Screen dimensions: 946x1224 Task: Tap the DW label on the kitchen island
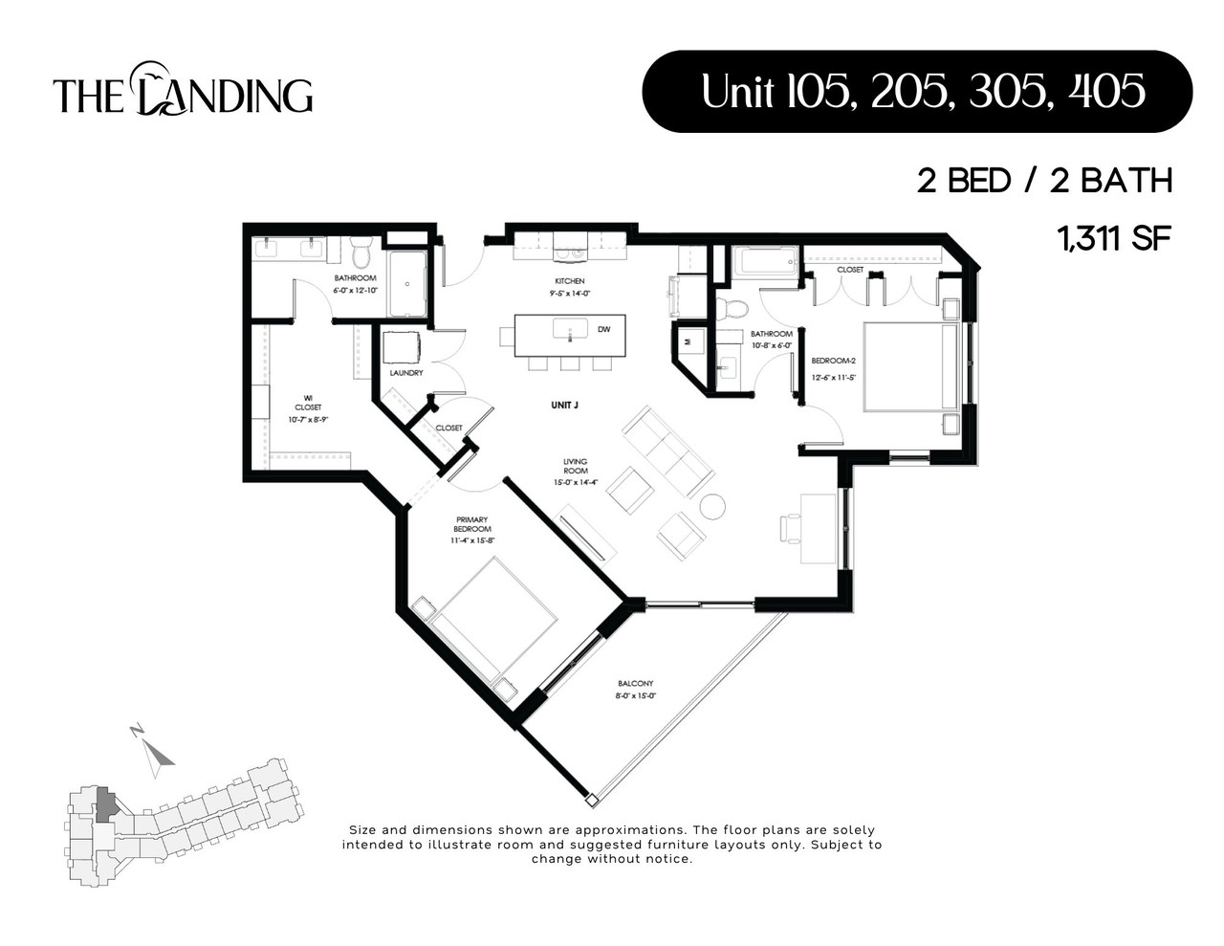pos(603,329)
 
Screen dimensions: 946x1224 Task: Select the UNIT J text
pos(564,406)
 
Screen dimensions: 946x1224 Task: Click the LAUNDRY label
pos(406,373)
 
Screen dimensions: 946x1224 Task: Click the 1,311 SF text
pos(1114,237)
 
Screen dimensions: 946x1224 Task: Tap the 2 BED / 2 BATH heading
pos(1044,181)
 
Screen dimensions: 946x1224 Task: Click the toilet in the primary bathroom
pos(361,253)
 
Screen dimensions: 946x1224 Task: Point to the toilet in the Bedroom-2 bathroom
pos(734,308)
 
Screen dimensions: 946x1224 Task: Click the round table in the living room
pos(712,506)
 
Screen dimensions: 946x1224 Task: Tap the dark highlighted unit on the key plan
pos(107,804)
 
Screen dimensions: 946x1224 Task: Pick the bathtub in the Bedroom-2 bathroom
pos(765,261)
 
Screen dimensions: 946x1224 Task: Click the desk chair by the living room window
pos(790,527)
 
